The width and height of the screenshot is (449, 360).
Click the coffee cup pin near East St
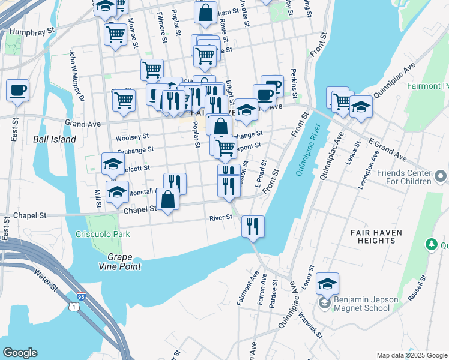tap(17, 91)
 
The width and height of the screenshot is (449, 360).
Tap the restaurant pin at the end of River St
tap(253, 227)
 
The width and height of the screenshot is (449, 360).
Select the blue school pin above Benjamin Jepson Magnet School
tap(327, 284)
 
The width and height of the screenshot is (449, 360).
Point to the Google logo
tap(19, 353)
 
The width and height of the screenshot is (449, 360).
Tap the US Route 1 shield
tap(73, 307)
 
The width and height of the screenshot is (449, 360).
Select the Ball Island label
tap(55, 139)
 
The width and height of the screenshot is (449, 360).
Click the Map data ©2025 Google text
tap(412, 355)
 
